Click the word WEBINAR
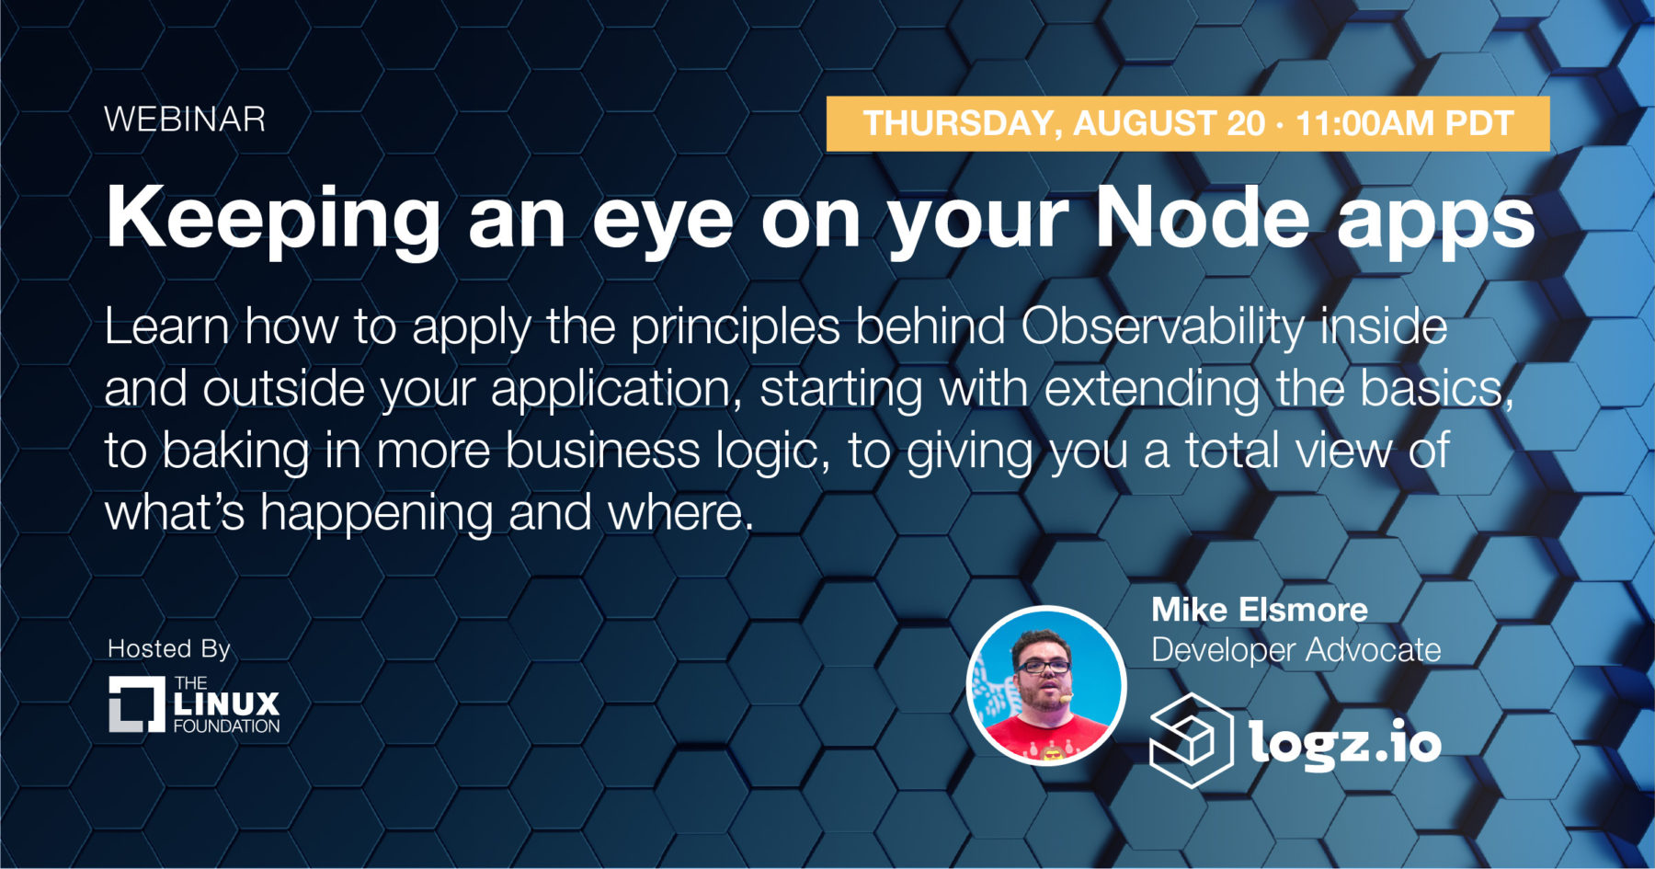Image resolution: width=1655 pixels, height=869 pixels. point(185,120)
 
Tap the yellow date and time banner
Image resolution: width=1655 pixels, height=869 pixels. point(1188,123)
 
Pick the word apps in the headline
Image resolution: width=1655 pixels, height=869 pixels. point(1435,226)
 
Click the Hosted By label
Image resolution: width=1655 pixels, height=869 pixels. point(169,648)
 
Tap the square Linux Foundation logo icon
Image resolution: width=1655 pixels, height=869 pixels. point(137,704)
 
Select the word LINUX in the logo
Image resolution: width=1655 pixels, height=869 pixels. point(226,704)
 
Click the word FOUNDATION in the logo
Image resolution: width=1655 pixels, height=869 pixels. point(226,726)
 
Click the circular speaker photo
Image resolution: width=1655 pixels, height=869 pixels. point(1046,685)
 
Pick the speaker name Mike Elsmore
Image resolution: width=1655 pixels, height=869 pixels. point(1260,610)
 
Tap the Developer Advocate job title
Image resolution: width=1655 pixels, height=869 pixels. point(1296,650)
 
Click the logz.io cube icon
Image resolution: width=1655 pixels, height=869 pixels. point(1192,740)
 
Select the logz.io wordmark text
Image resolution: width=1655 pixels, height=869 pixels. point(1345,742)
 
